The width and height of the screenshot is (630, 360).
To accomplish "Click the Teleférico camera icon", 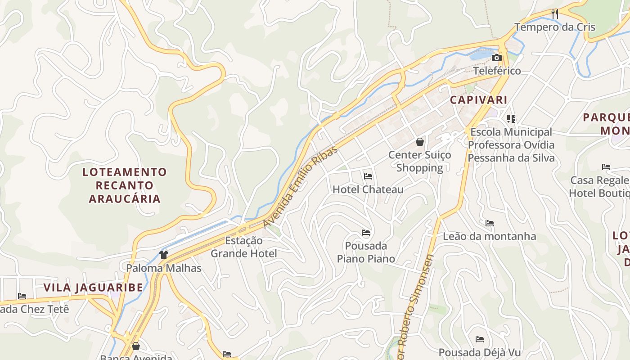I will point(497,58).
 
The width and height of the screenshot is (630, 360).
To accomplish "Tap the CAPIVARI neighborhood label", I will point(479,100).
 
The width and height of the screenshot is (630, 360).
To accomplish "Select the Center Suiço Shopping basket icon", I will point(420,142).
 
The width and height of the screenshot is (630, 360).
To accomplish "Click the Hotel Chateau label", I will point(368,189).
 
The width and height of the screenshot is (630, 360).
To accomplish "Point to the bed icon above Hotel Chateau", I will point(368,176).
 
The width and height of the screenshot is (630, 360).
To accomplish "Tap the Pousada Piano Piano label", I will point(366,252).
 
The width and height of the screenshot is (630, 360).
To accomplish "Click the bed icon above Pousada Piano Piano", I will point(366,233).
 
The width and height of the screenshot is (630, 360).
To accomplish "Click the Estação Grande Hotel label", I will point(244,247).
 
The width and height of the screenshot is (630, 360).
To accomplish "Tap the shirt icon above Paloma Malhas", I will point(164,255).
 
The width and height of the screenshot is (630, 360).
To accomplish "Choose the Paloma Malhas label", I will point(164,268).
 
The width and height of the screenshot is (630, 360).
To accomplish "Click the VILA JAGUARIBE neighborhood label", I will point(93,288).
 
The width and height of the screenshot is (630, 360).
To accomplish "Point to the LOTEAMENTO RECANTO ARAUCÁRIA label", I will point(125,185).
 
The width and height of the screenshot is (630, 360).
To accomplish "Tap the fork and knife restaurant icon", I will point(555,14).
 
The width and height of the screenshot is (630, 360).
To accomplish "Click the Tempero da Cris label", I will point(552,27).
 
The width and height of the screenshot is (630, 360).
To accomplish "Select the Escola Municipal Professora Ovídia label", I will point(511,145).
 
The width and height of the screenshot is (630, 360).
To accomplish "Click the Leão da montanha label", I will point(490,236).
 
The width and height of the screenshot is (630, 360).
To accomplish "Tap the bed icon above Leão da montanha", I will point(490,223).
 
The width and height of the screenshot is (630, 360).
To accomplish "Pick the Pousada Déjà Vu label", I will point(479,352).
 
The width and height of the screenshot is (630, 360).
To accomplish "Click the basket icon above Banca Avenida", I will point(136,346).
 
